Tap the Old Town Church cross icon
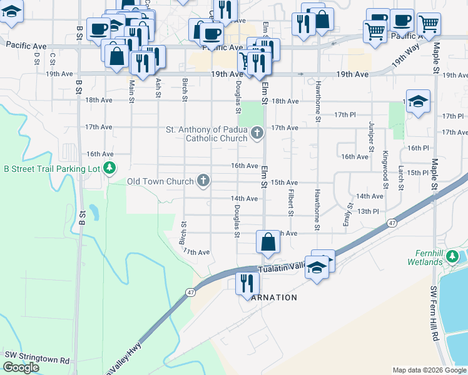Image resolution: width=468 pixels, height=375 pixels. (x=203, y=181)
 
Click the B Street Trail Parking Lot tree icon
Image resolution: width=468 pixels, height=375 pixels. (x=109, y=168)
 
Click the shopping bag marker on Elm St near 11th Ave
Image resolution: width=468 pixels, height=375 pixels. (x=268, y=242)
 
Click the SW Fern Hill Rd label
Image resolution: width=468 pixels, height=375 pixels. (x=433, y=313)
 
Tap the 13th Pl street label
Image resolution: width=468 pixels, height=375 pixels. (x=369, y=212)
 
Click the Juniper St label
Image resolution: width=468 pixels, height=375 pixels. (x=371, y=137)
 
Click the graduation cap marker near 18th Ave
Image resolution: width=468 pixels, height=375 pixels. (x=418, y=101)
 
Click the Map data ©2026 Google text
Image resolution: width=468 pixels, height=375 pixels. (x=429, y=370)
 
